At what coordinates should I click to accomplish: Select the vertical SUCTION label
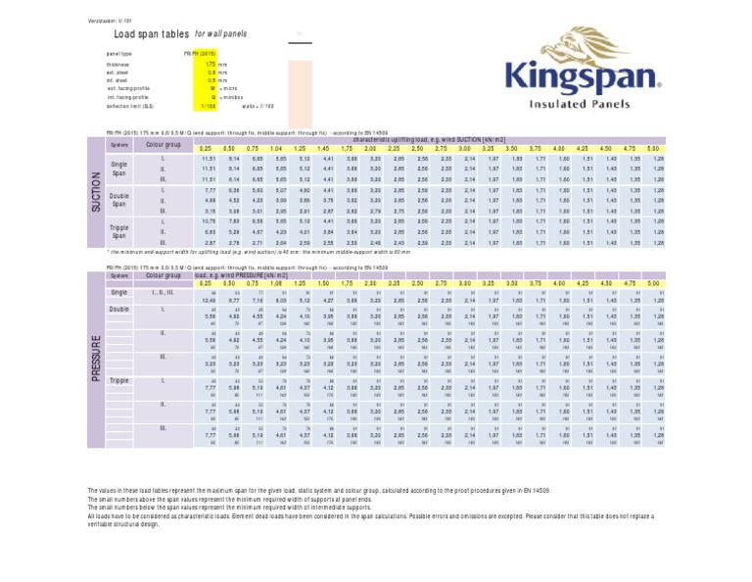pos(96,191)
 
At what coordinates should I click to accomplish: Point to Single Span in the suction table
pos(119,168)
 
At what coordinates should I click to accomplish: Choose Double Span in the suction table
pos(119,201)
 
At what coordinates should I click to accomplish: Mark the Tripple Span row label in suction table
pos(119,232)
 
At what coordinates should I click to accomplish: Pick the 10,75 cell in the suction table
pos(208,221)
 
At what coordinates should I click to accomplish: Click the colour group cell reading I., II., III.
pos(164,293)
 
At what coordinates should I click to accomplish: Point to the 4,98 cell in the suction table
pos(208,200)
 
